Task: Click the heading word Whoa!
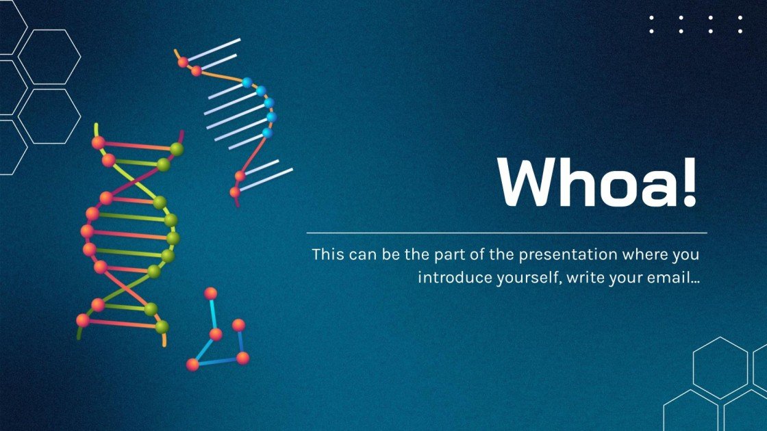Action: pyautogui.click(x=597, y=182)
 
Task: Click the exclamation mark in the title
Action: pyautogui.click(x=688, y=182)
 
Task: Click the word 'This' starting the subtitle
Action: pyautogui.click(x=327, y=254)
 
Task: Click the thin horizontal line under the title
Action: pyautogui.click(x=507, y=233)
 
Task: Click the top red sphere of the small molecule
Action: pyautogui.click(x=211, y=293)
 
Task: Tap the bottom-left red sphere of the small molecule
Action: pyautogui.click(x=193, y=364)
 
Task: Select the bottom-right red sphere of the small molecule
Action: pyautogui.click(x=242, y=357)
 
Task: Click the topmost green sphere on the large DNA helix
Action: pyautogui.click(x=177, y=148)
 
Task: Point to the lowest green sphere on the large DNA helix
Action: pyautogui.click(x=162, y=327)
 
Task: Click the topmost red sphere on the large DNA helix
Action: pyautogui.click(x=98, y=142)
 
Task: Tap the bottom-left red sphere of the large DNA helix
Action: pyautogui.click(x=83, y=320)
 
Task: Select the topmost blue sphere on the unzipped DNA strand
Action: pyautogui.click(x=247, y=83)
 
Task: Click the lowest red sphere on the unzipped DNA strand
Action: pyautogui.click(x=235, y=192)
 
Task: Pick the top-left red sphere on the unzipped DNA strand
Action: pyautogui.click(x=183, y=62)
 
